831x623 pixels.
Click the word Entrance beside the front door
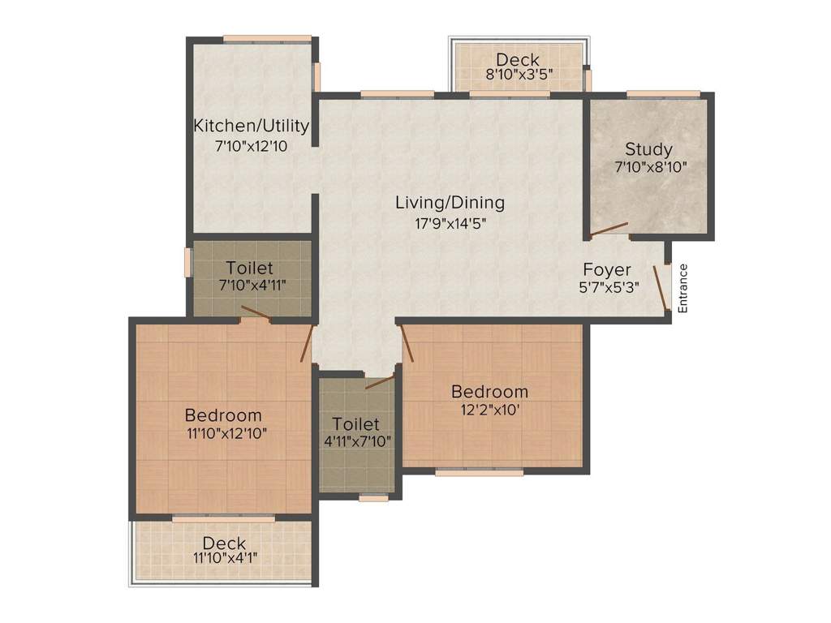pos(682,288)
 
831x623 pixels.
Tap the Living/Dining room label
pos(450,202)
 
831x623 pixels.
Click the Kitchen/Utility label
pos(251,126)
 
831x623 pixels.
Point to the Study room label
pos(648,149)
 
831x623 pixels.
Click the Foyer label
pos(607,269)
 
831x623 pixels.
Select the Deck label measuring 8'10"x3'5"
pos(517,59)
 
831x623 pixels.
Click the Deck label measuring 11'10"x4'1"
pos(224,543)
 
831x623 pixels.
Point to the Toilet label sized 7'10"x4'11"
pos(250,268)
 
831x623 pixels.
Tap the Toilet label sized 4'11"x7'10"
pos(356,424)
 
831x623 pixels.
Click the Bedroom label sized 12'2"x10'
pos(489,392)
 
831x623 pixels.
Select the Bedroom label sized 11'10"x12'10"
pos(223,415)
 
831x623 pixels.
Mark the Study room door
pos(609,230)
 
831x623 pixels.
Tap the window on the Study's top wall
pos(653,95)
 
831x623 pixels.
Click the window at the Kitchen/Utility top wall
pos(267,38)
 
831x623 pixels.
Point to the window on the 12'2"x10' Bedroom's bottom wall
pos(479,471)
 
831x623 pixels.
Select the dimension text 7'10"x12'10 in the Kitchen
pos(251,147)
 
